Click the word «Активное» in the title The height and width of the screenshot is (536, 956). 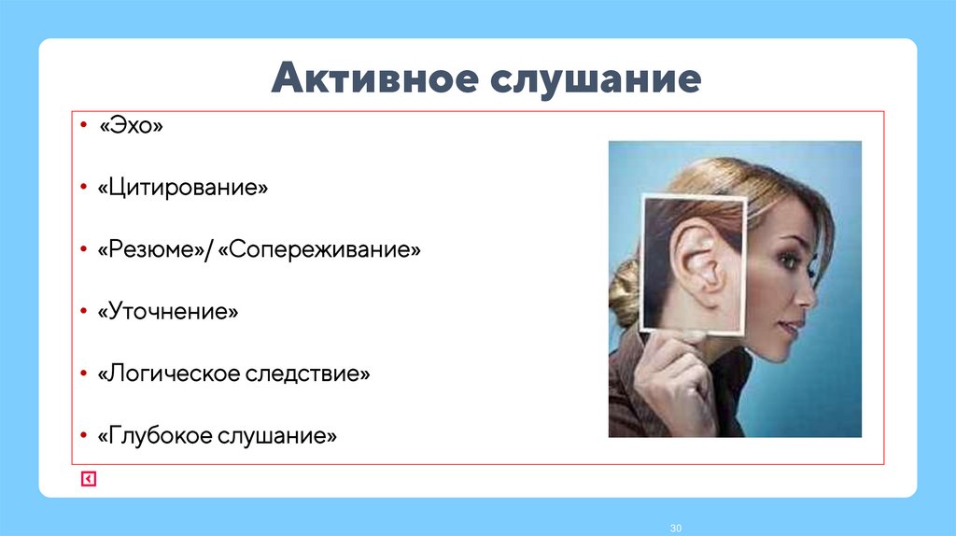371,79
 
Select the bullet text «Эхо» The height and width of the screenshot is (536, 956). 132,126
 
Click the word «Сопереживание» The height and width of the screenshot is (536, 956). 320,250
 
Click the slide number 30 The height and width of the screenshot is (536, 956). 676,529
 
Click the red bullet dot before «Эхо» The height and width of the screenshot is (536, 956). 83,125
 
